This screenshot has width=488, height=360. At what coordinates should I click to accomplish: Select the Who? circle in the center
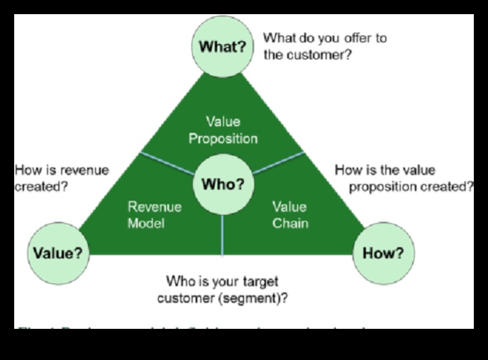click(223, 185)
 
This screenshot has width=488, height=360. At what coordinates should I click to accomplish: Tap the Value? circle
click(58, 253)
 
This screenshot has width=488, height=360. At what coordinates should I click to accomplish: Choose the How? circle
click(383, 253)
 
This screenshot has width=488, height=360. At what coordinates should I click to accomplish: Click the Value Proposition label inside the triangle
click(223, 130)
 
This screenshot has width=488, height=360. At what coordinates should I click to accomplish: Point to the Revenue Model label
click(155, 215)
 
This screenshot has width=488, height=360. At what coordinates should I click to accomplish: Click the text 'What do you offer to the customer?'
click(325, 46)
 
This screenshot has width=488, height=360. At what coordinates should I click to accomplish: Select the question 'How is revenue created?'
click(62, 178)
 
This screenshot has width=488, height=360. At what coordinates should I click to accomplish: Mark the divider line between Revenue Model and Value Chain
click(223, 234)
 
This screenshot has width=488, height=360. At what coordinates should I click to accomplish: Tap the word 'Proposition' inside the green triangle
click(223, 138)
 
